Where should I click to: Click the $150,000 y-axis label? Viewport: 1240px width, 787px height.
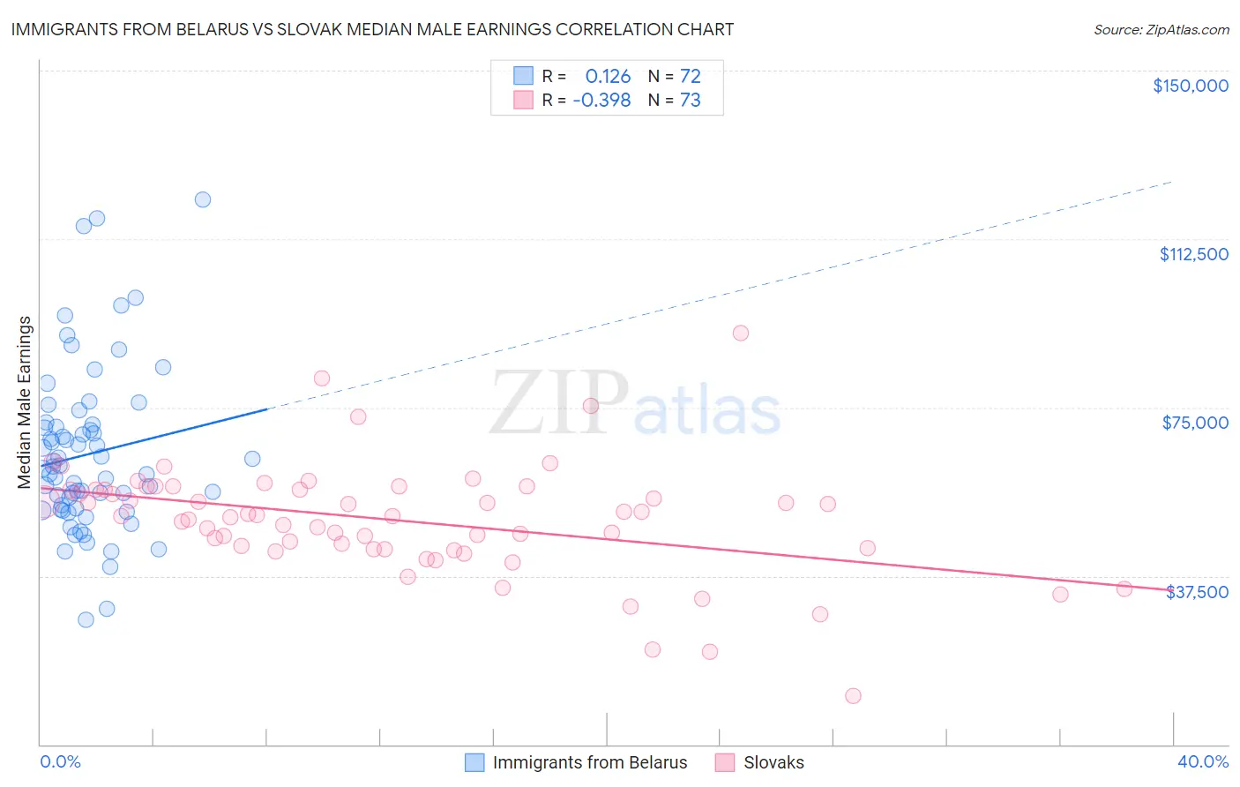click(x=1190, y=86)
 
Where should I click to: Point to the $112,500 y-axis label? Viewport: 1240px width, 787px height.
click(x=1193, y=254)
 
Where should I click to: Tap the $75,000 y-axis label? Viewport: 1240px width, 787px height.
click(x=1195, y=423)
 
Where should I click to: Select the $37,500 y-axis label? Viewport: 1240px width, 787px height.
click(x=1197, y=592)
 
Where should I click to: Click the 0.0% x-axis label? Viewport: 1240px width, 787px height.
click(x=60, y=762)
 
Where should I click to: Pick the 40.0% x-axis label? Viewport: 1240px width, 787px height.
click(x=1202, y=762)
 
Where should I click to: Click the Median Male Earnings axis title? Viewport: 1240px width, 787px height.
click(x=25, y=402)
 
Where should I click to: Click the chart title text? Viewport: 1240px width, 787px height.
click(x=372, y=29)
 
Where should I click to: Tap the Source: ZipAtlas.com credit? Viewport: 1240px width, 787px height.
click(x=1161, y=30)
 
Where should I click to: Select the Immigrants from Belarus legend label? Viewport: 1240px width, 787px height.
click(x=589, y=763)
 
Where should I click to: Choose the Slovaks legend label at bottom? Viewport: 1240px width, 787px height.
click(x=773, y=763)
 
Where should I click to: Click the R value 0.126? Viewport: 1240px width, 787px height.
click(x=608, y=77)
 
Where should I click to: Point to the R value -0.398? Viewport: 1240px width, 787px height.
click(x=601, y=101)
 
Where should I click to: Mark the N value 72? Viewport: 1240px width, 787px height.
click(x=690, y=77)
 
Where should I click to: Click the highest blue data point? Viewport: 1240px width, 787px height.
click(x=203, y=199)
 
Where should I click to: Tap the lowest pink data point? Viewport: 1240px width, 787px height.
click(x=853, y=696)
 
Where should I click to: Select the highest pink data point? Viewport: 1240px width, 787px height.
click(x=741, y=333)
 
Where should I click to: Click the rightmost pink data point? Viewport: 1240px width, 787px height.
click(x=1124, y=589)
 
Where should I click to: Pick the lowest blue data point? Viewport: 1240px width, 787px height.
click(x=86, y=619)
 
